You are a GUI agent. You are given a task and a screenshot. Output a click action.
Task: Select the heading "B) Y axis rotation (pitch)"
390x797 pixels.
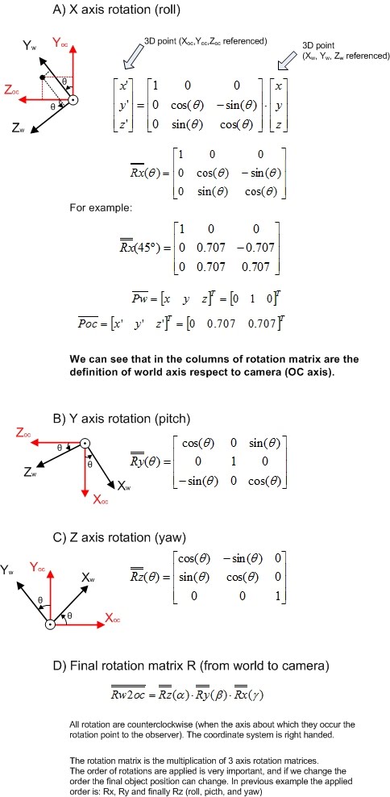click(111, 418)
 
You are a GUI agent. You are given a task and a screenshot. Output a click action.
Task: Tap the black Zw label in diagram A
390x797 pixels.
click(17, 127)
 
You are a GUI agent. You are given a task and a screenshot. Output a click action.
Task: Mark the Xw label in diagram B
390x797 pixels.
click(124, 486)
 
